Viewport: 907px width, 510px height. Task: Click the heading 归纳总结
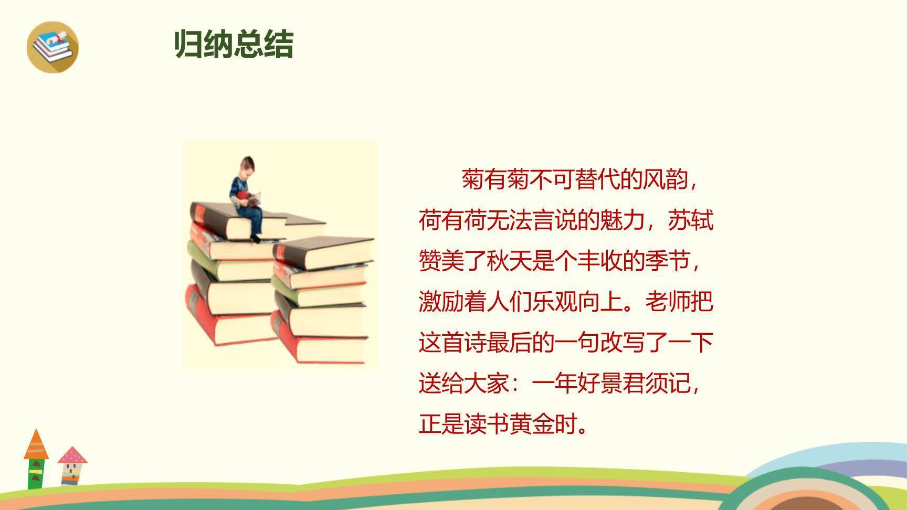234,44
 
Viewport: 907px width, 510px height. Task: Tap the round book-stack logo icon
52,47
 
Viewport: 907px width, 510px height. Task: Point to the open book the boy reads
255,199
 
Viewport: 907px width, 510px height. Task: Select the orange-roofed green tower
36,460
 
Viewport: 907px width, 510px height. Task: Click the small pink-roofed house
72,465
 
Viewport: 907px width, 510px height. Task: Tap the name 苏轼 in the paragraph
690,220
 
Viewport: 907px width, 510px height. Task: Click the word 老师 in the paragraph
668,302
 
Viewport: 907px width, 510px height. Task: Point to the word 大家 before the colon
487,384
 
